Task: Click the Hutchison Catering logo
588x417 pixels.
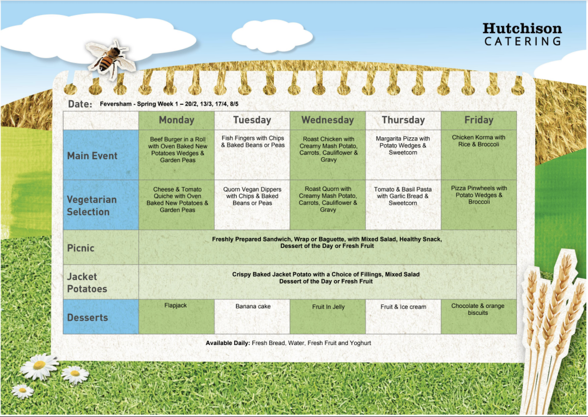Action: click(x=522, y=34)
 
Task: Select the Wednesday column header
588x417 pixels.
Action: click(x=328, y=120)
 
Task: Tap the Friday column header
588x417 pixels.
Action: click(x=479, y=120)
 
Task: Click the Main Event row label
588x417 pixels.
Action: click(x=92, y=156)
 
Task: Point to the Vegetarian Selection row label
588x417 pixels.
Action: click(x=91, y=205)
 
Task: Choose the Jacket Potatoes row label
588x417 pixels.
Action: click(x=87, y=282)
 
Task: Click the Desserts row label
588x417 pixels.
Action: click(x=87, y=317)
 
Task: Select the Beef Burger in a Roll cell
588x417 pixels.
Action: click(x=177, y=150)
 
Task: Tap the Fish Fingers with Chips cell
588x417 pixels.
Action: click(x=252, y=142)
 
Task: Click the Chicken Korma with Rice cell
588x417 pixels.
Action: click(x=478, y=141)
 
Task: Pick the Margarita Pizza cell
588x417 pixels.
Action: click(x=403, y=146)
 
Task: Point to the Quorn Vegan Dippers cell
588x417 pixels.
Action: click(x=252, y=196)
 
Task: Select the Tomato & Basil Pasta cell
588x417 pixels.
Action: click(x=403, y=196)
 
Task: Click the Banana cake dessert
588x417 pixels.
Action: click(x=253, y=306)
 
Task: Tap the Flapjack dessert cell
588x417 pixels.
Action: click(x=175, y=306)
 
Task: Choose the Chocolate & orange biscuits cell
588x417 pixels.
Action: click(x=478, y=309)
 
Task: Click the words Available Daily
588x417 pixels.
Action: click(x=227, y=343)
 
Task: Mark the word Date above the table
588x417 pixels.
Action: click(x=80, y=104)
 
